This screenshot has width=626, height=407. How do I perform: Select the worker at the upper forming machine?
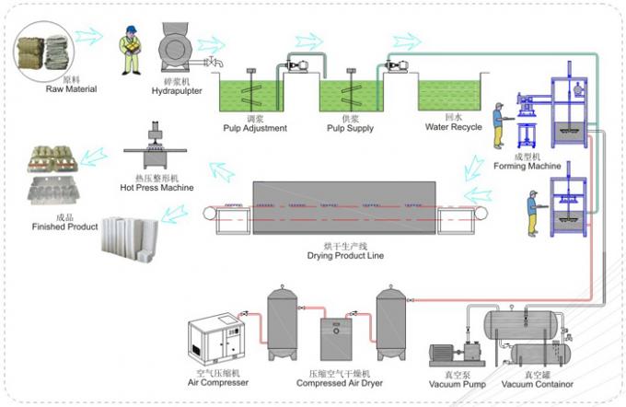coord(499,125)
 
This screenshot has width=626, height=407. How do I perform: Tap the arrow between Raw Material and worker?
coord(89,36)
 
